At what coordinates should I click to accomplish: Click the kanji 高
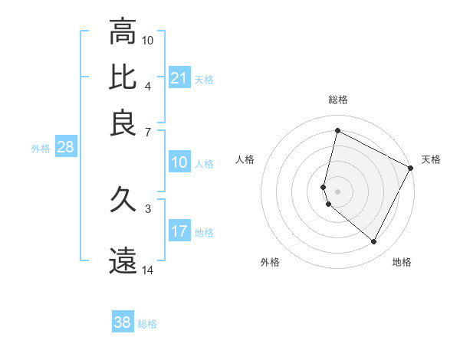(x=123, y=31)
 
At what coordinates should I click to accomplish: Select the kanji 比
(x=123, y=77)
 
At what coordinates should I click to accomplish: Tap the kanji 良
(x=123, y=123)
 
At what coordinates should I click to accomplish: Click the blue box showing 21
(x=179, y=78)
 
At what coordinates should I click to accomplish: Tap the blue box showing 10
(x=179, y=162)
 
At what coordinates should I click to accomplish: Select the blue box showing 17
(x=179, y=231)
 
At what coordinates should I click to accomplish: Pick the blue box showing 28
(x=65, y=148)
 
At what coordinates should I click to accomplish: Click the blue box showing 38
(x=122, y=322)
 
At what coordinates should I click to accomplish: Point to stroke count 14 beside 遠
(x=148, y=270)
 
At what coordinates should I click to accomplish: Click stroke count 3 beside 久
(x=148, y=208)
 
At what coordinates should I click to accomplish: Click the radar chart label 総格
(x=338, y=100)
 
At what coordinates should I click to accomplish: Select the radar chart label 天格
(x=431, y=159)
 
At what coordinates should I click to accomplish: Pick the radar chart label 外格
(x=270, y=262)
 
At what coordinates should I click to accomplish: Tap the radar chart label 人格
(x=245, y=159)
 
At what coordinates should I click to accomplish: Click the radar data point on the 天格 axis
(x=412, y=168)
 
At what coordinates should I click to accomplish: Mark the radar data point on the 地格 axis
(x=374, y=242)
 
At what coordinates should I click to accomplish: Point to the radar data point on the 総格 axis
(x=337, y=131)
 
